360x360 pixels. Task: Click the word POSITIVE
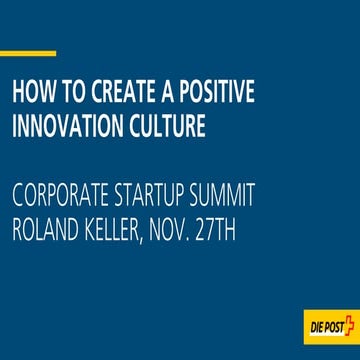point(212,94)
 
